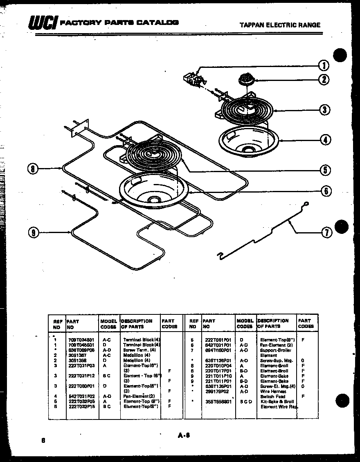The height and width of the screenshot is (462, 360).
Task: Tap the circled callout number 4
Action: (325, 140)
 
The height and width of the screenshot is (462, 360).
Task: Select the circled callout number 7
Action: (326, 233)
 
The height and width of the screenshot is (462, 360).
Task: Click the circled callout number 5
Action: (325, 170)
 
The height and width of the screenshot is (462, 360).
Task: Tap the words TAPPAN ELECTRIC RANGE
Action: (280, 25)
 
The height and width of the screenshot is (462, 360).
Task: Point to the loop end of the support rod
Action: (306, 204)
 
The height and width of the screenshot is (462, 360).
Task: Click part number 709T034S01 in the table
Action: (81, 340)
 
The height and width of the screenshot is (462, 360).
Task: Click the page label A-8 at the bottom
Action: (184, 436)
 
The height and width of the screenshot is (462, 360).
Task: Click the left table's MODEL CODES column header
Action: (108, 324)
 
